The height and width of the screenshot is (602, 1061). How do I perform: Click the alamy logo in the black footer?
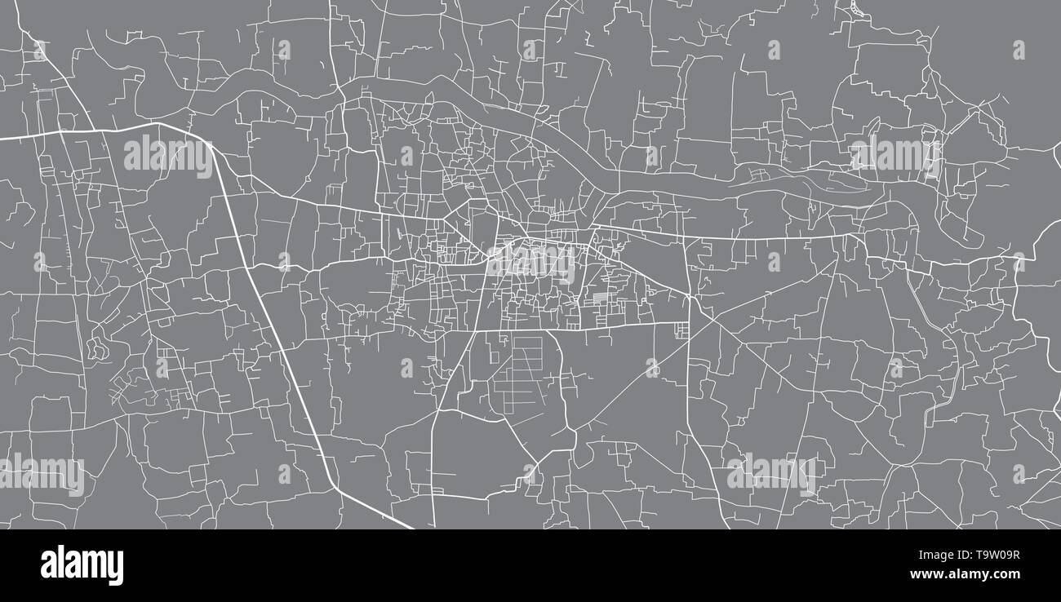point(82,565)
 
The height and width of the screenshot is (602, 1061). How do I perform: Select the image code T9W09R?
point(990,556)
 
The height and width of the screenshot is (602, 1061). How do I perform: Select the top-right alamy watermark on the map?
point(895,154)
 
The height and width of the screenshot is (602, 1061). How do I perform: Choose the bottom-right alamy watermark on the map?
point(770,474)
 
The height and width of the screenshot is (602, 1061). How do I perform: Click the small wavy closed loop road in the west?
point(97,349)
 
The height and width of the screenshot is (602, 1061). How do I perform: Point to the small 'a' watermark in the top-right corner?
point(1019,50)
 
